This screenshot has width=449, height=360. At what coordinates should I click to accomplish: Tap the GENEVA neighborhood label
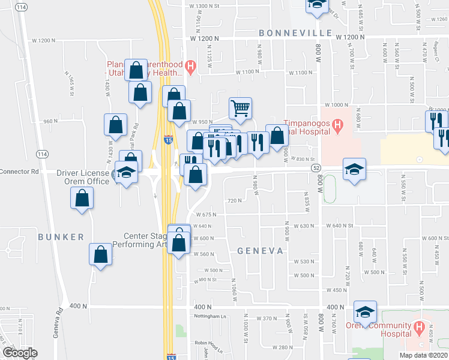pos(260,251)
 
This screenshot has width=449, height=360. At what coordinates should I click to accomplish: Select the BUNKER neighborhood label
pos(61,237)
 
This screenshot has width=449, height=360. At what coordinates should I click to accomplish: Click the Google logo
pos(20,352)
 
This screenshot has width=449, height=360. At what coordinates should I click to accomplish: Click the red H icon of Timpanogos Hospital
pos(338,126)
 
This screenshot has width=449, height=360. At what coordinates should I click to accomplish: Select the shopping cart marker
pos(240,109)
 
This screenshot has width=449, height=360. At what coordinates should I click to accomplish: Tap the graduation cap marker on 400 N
pos(364,311)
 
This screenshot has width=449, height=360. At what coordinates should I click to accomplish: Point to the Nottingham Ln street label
pos(209,316)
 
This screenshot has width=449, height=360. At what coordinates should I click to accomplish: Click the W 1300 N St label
pos(205,6)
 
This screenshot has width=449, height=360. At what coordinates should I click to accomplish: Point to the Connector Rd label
pos(19,171)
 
